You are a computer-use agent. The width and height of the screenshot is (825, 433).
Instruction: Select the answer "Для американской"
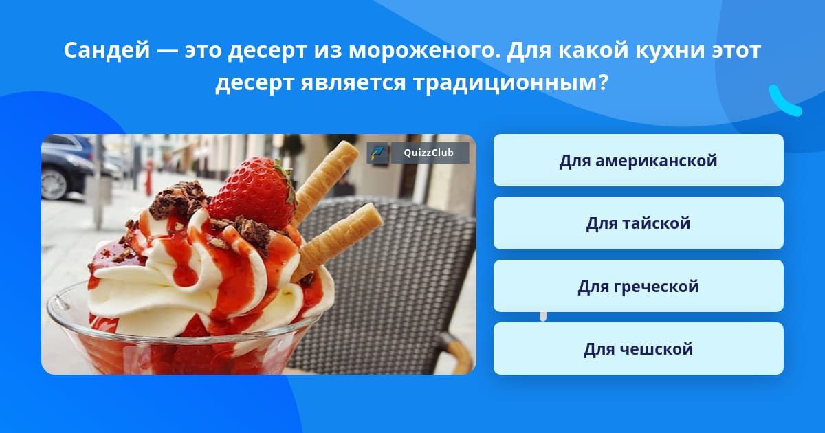(638, 160)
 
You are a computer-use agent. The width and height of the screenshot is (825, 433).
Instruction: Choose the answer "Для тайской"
(638, 223)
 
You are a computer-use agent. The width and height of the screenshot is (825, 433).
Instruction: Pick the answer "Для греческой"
(638, 286)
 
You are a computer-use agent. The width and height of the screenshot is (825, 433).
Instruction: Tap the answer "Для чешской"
(638, 348)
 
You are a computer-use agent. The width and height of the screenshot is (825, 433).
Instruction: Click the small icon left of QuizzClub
(377, 153)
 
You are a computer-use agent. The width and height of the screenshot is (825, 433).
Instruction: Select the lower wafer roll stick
(340, 238)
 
